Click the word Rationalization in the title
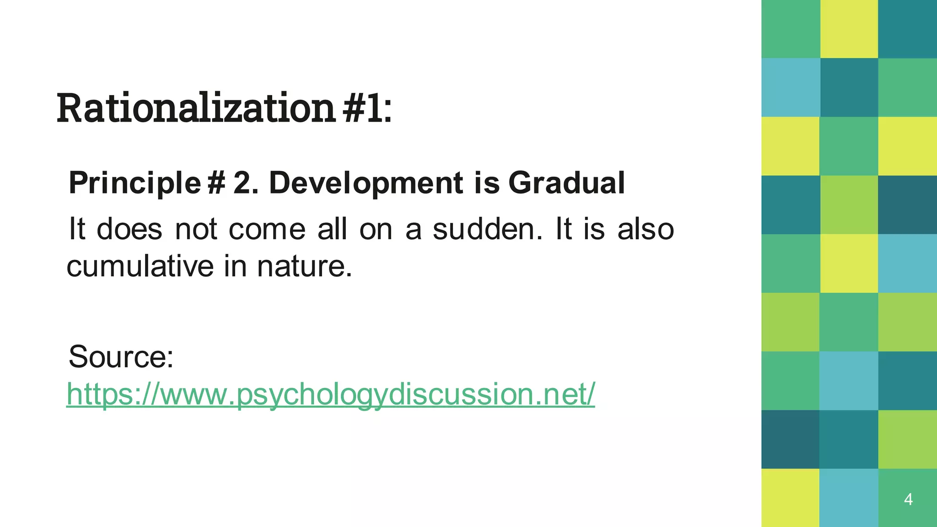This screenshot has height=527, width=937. [x=196, y=108]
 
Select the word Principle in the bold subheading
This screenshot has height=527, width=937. [x=135, y=183]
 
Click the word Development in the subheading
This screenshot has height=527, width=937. [x=366, y=183]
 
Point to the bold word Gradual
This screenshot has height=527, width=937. [x=566, y=183]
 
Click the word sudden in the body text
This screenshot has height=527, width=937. [x=487, y=229]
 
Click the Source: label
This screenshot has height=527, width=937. [x=121, y=356]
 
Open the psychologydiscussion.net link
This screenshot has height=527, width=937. [x=330, y=393]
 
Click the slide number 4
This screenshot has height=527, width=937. [x=908, y=499]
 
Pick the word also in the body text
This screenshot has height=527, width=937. [x=646, y=229]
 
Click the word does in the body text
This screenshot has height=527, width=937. [x=129, y=229]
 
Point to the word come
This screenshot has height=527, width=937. [x=267, y=229]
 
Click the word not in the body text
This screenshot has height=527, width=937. [x=196, y=229]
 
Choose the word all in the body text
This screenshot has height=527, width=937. [x=332, y=229]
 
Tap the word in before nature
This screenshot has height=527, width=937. [x=235, y=266]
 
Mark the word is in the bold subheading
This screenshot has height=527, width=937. [x=486, y=183]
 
